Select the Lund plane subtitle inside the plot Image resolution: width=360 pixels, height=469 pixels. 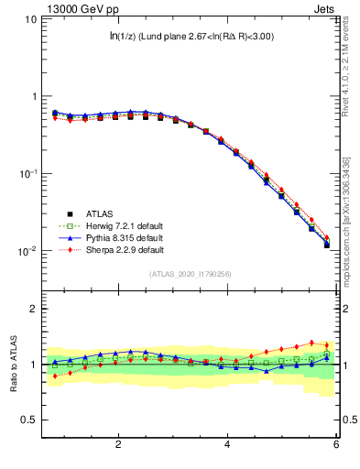tap(190, 37)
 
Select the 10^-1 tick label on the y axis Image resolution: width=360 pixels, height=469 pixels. tap(27, 173)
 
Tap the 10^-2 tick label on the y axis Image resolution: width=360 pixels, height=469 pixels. tap(27, 251)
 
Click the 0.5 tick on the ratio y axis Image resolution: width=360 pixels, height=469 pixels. tap(30, 420)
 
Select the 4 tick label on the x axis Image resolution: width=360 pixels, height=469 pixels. tap(227, 444)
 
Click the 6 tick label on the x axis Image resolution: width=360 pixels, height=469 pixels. tap(336, 444)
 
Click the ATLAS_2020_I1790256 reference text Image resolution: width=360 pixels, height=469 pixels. tap(190, 274)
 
